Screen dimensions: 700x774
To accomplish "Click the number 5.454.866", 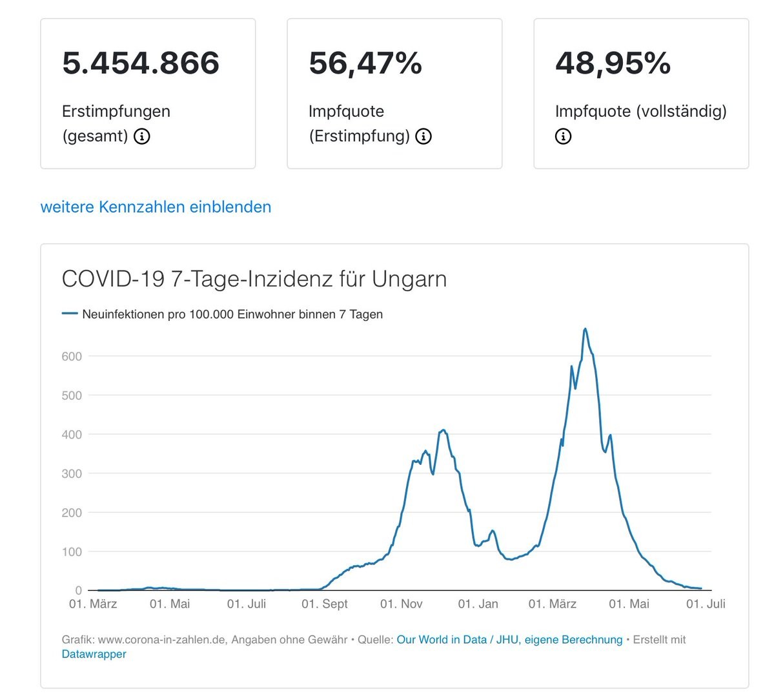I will pyautogui.click(x=141, y=63).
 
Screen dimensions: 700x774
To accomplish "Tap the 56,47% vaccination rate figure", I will pyautogui.click(x=365, y=63).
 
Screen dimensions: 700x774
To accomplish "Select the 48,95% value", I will pyautogui.click(x=613, y=63).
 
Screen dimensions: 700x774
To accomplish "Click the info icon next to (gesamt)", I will pyautogui.click(x=142, y=136).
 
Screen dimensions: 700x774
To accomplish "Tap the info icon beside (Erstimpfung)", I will pyautogui.click(x=423, y=136).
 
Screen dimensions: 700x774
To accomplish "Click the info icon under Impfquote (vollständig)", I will pyautogui.click(x=563, y=136).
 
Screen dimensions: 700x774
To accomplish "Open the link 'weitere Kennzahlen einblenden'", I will pyautogui.click(x=156, y=207).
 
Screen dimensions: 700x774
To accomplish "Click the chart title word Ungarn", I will pyautogui.click(x=409, y=279).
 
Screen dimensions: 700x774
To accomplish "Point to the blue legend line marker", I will pyautogui.click(x=70, y=314).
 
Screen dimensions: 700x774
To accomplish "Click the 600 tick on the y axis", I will pyautogui.click(x=72, y=356).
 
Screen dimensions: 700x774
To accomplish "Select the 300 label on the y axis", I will pyautogui.click(x=72, y=474).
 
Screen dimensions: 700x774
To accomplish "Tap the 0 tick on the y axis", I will pyautogui.click(x=79, y=590).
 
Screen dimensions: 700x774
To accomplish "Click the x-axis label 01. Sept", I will pyautogui.click(x=325, y=604).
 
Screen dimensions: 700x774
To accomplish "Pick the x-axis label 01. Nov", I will pyautogui.click(x=402, y=604).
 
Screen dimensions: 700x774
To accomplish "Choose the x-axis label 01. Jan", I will pyautogui.click(x=478, y=604).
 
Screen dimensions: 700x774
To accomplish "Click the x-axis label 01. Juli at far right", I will pyautogui.click(x=706, y=604).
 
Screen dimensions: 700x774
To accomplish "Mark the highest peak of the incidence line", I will pyautogui.click(x=585, y=329).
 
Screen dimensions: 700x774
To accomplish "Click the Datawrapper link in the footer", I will pyautogui.click(x=94, y=654).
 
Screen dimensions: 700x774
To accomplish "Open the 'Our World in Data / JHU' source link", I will pyautogui.click(x=509, y=640).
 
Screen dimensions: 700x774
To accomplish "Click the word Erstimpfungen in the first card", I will pyautogui.click(x=116, y=111).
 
